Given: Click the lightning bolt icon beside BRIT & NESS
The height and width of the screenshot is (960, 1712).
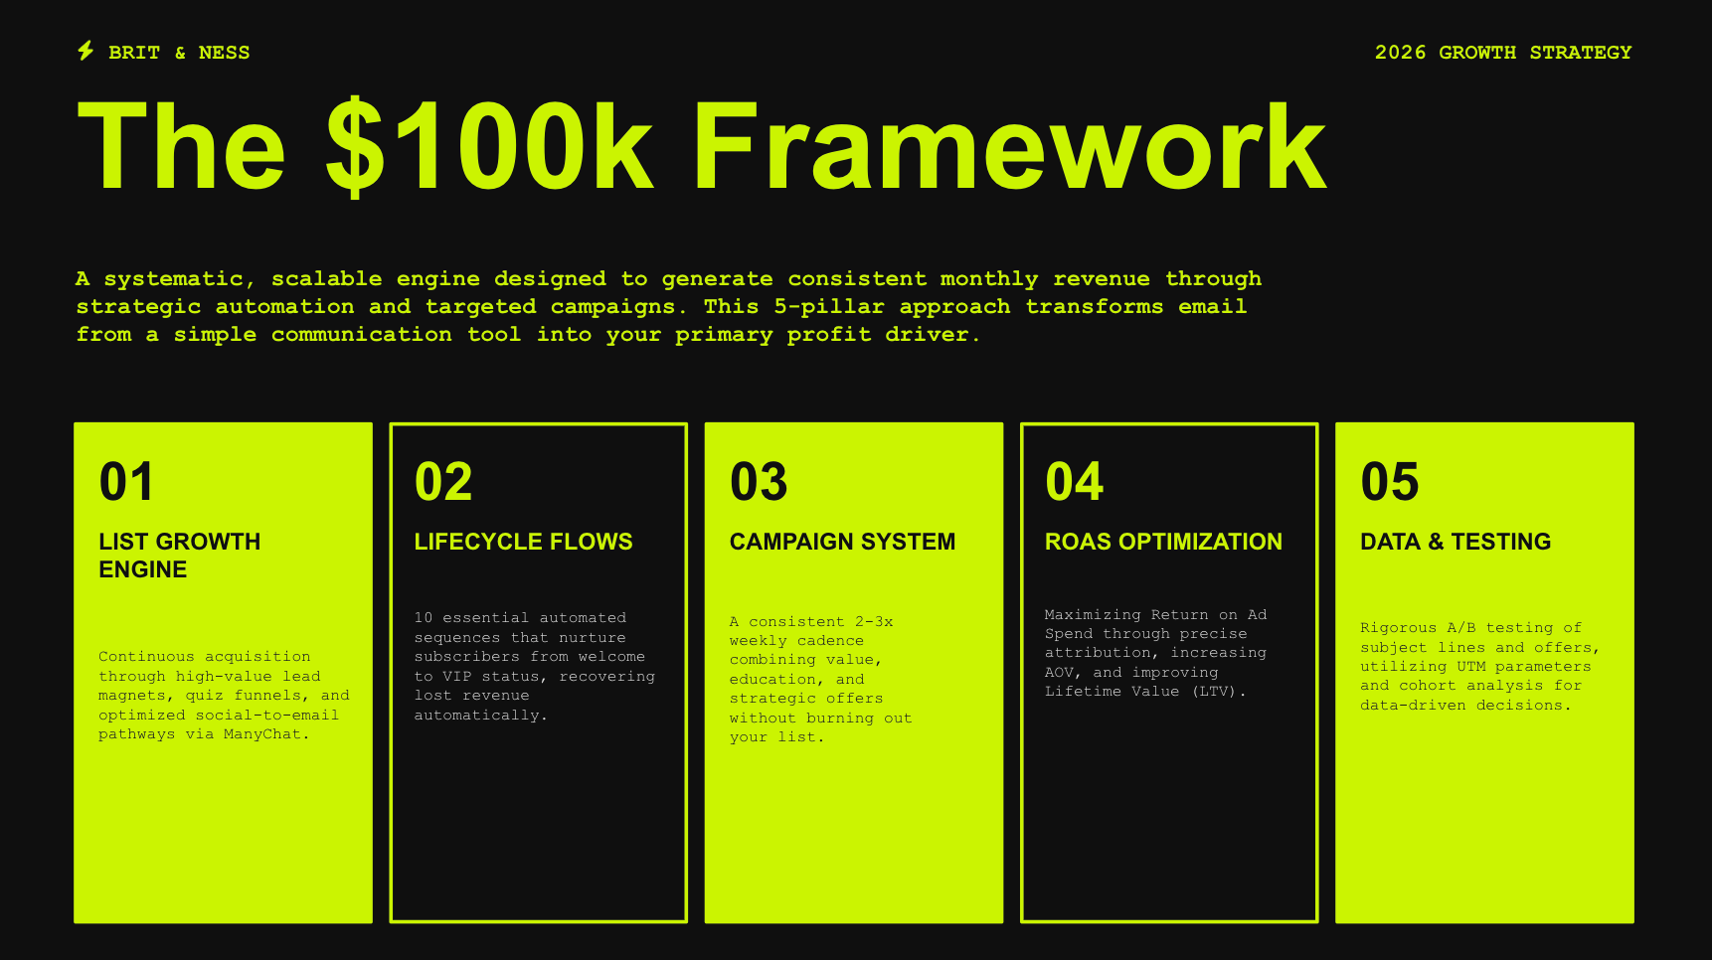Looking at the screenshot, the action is coord(86,51).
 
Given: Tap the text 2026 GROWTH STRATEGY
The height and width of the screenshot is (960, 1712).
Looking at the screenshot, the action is coord(1503,53).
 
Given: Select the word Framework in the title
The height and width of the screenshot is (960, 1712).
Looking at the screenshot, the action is coord(1010,146).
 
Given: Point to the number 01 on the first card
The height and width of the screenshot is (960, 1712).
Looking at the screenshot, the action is coord(126,482).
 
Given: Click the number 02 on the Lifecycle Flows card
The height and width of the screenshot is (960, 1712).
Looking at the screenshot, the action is coord(443,482).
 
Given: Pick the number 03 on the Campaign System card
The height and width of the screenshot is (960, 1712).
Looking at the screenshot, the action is coord(759,482).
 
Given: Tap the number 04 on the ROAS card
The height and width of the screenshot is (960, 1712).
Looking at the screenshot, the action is coord(1075,482).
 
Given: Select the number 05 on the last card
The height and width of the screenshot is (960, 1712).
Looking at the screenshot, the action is coord(1390,482).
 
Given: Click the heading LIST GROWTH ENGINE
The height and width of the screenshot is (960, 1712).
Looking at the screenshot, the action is coord(180,556).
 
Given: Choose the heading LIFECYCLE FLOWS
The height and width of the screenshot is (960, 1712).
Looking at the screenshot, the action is coord(524,542).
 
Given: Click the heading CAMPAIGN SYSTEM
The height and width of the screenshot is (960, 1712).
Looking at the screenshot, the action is coord(842,542).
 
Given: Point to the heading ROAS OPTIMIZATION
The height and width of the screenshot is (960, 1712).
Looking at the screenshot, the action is coord(1163,542).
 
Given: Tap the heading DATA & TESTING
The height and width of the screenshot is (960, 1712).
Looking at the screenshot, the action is coord(1455,542).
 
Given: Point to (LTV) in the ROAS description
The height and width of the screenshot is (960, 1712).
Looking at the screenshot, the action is coord(1214,692).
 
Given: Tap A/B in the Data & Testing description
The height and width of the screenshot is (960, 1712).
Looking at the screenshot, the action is coord(1461,628).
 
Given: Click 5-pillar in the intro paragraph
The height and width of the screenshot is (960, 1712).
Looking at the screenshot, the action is coord(829,307).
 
